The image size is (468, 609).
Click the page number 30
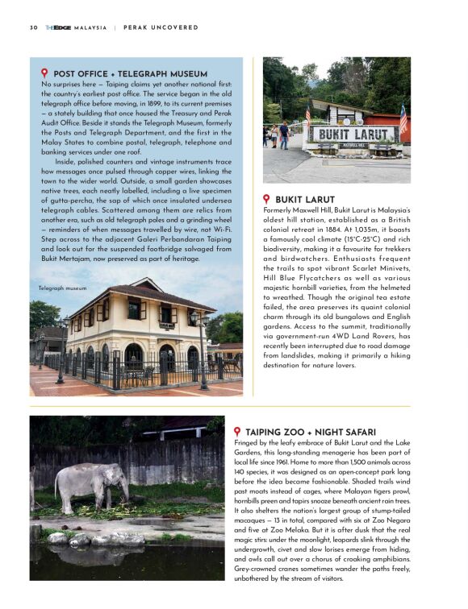click(33, 27)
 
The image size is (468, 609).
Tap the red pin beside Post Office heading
click(44, 73)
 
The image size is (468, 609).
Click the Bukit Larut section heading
click(306, 199)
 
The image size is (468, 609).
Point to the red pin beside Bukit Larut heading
click(267, 198)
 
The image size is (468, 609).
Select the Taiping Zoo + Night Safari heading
click(313, 433)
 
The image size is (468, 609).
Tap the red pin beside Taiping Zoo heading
click(238, 433)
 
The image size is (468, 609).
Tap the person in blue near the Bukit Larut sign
click(284, 134)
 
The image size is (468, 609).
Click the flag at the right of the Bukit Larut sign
click(403, 119)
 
